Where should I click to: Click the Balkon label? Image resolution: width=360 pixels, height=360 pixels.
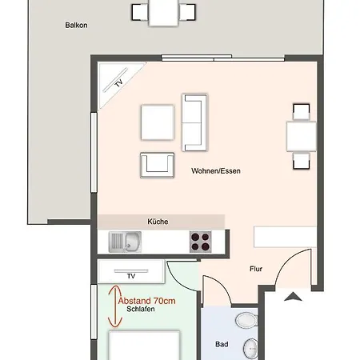[76, 26]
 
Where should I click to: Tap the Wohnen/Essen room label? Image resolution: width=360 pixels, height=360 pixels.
[216, 171]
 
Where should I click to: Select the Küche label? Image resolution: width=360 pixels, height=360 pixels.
[158, 221]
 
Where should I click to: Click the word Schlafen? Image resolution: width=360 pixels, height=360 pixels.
[140, 309]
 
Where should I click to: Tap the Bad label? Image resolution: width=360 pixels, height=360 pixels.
[222, 345]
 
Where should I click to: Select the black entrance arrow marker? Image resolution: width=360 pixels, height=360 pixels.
[294, 298]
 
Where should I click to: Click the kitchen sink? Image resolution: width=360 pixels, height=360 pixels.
[125, 240]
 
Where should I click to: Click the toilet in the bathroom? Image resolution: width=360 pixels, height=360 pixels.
[245, 321]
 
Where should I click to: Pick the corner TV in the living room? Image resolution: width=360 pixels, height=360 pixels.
[116, 86]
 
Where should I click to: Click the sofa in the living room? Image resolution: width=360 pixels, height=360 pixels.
[194, 122]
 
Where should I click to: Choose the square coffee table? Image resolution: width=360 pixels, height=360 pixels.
[157, 122]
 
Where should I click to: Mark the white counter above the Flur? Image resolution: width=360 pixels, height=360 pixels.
[278, 238]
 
